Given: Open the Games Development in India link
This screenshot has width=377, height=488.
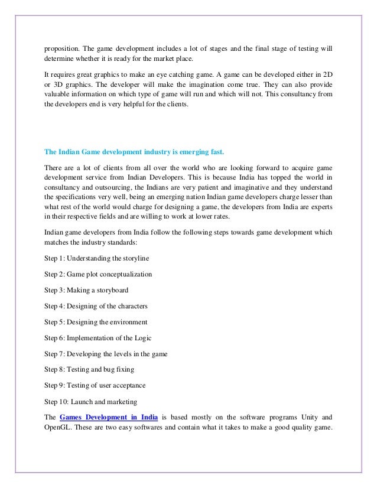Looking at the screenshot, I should tap(109, 418).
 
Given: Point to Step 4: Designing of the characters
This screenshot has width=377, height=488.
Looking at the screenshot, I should tap(96, 307).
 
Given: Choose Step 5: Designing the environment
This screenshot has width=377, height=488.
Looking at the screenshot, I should tap(96, 323).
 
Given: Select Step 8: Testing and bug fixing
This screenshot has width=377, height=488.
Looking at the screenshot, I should tap(89, 370).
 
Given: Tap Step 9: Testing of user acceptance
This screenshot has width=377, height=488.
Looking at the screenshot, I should tap(95, 386).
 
